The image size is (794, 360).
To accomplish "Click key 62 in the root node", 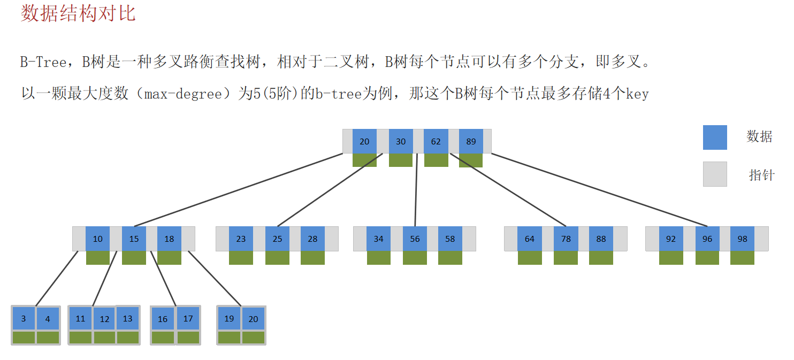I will click(x=436, y=142).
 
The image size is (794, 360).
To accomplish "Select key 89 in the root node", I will click(x=471, y=142).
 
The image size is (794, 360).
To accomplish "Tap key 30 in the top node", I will click(x=401, y=142).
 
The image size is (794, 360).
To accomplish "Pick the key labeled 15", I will click(x=134, y=239).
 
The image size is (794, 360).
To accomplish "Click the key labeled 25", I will click(x=277, y=239).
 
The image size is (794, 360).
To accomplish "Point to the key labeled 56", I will click(x=415, y=239).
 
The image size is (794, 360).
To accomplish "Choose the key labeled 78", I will click(x=566, y=239).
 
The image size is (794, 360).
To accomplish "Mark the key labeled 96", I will click(x=707, y=239).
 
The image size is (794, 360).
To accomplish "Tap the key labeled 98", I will click(x=742, y=239).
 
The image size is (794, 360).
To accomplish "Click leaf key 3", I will click(x=24, y=319).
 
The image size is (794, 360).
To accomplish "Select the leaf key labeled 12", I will click(x=104, y=319).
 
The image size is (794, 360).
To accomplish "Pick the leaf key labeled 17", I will click(x=188, y=319).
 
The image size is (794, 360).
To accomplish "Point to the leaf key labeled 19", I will click(x=229, y=319).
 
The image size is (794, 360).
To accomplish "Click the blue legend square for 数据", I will click(x=715, y=137).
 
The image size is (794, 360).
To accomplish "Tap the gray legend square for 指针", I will click(x=715, y=174).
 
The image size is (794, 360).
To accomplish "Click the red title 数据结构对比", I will click(x=78, y=13).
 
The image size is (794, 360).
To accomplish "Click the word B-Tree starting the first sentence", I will click(x=43, y=63).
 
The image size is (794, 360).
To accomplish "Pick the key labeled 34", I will click(x=379, y=239).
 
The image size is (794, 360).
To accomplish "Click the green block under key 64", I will click(x=530, y=258).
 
